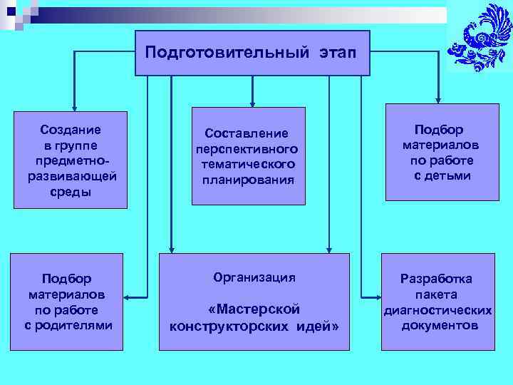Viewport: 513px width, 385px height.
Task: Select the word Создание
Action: (71, 130)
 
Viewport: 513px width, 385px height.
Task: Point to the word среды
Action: (71, 192)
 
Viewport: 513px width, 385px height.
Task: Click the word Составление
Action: (247, 133)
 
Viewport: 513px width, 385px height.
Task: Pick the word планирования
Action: (247, 180)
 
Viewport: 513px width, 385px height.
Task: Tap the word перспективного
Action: (247, 149)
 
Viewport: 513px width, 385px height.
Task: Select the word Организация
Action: (254, 277)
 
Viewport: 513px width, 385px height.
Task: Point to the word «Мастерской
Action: (254, 309)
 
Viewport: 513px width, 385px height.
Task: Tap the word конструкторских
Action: (229, 326)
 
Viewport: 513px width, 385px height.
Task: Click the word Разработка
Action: (436, 279)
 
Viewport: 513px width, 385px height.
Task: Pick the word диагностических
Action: (437, 310)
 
